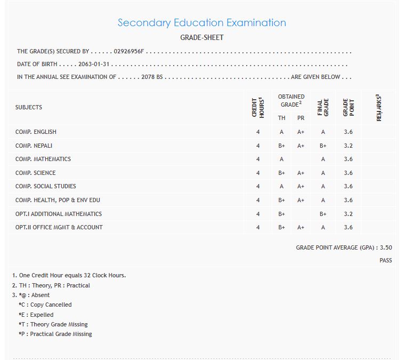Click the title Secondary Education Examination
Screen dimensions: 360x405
(201, 23)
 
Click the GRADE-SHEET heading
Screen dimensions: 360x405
(202, 38)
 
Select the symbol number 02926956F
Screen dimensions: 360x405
(129, 52)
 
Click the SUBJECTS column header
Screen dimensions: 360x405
(29, 107)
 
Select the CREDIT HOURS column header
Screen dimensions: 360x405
(258, 107)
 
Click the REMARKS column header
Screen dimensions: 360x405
(379, 107)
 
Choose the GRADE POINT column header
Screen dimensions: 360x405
(349, 107)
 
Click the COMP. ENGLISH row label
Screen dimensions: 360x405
(36, 132)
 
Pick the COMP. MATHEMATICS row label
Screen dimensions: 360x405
(43, 159)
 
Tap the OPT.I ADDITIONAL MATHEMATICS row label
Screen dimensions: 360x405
(59, 214)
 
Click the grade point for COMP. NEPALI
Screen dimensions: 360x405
(348, 146)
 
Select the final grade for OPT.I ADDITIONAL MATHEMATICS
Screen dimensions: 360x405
(323, 214)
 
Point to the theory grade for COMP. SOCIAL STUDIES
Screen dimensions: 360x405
(281, 186)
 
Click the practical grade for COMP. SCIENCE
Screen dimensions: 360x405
(301, 173)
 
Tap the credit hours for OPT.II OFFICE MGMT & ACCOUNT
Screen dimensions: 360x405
(258, 227)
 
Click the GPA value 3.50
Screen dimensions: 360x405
(386, 247)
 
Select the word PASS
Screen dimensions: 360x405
(386, 260)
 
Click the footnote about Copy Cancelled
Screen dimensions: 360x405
(45, 305)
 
